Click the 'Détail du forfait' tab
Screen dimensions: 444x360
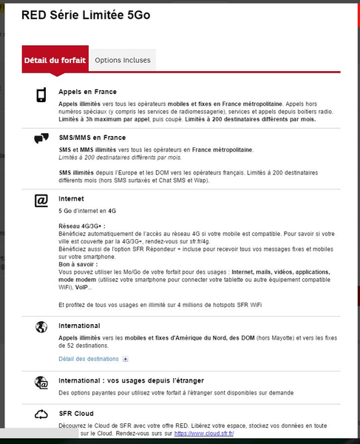(55, 60)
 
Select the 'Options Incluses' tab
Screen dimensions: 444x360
(123, 60)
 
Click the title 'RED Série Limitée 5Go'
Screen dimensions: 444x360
(86, 15)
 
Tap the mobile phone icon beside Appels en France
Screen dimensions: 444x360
(41, 95)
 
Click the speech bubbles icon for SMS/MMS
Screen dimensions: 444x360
(41, 138)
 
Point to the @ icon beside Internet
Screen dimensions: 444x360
(41, 200)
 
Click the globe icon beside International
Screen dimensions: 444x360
(41, 327)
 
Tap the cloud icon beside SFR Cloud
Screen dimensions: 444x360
(41, 414)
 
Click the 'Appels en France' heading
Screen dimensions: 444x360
(88, 92)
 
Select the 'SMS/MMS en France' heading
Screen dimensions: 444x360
(92, 138)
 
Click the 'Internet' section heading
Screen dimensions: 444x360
(71, 199)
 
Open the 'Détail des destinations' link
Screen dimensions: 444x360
(88, 359)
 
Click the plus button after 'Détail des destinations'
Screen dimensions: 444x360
(125, 359)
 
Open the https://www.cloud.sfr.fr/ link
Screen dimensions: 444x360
(202, 434)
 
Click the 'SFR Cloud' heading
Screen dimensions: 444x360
(75, 414)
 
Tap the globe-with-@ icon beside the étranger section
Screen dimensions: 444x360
(41, 382)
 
